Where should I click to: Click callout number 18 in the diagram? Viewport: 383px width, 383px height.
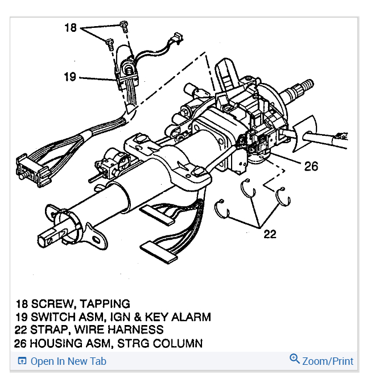pos(70,27)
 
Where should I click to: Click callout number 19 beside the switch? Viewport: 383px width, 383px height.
pos(69,76)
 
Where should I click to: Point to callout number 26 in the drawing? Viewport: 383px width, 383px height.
pos(311,166)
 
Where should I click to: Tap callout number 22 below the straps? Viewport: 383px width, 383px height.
pos(269,234)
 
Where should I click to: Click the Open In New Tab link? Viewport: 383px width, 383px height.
pos(68,361)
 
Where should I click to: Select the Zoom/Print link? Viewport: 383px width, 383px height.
pos(327,361)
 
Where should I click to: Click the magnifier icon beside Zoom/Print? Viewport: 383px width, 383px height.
pos(294,359)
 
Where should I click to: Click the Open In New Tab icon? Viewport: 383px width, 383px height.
pos(22,361)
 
